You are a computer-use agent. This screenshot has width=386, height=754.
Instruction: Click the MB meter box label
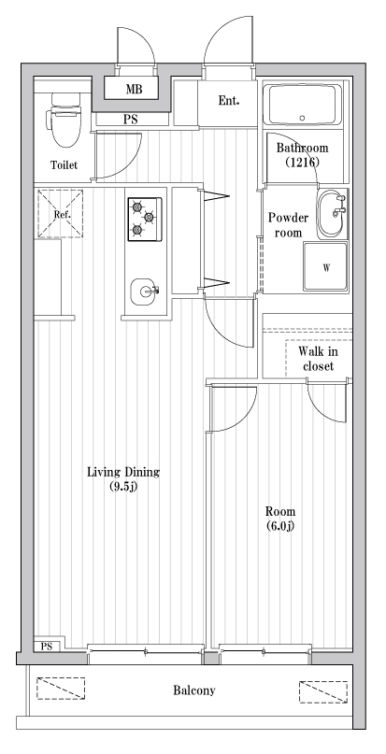click(136, 91)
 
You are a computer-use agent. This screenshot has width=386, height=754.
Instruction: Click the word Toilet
click(64, 166)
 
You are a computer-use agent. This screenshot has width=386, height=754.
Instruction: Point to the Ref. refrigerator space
click(61, 214)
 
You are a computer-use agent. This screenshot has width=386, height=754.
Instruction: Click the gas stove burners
click(144, 218)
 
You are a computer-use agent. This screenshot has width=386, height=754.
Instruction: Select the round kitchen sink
click(144, 292)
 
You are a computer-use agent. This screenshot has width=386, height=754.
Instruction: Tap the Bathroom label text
click(302, 148)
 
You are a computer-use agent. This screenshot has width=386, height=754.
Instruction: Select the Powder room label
click(289, 224)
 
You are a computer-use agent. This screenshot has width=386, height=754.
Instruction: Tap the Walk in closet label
click(319, 358)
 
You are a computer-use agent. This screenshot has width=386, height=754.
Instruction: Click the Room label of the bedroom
click(280, 511)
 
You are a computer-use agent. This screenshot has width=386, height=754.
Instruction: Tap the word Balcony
click(194, 691)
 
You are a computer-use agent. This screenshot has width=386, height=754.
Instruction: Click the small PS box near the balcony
click(46, 646)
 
